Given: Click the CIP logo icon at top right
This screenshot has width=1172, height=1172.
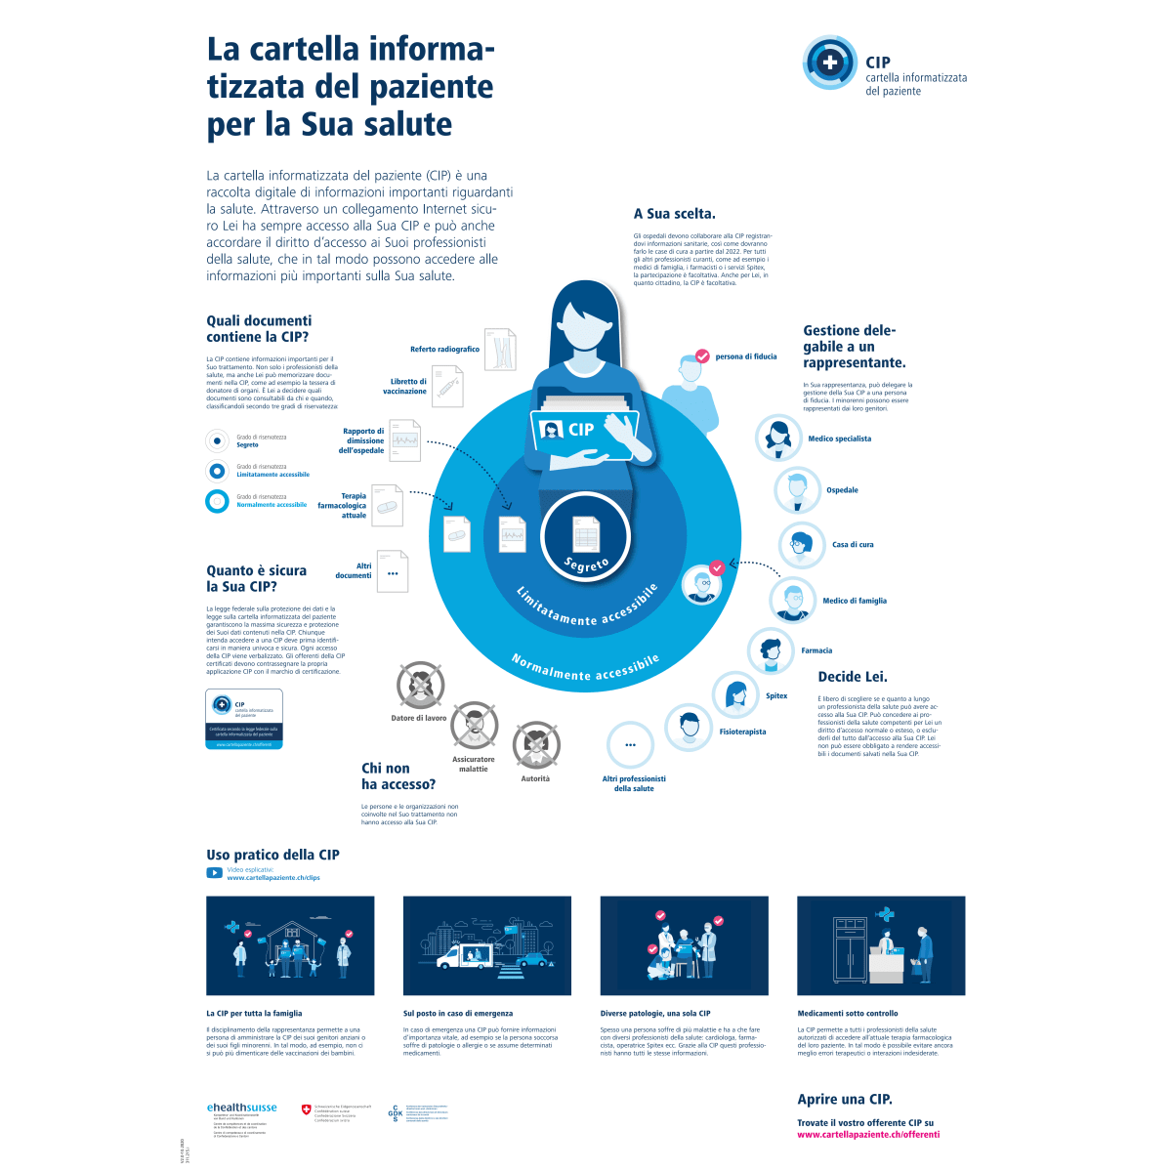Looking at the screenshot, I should (x=830, y=63).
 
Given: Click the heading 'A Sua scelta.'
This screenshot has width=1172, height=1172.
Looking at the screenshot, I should (x=674, y=214).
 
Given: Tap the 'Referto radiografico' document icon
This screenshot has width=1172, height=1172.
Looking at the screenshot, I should (x=500, y=350).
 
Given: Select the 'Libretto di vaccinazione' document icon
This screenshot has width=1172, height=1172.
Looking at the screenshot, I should (x=447, y=387).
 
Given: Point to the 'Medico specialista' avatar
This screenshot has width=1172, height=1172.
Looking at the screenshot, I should (x=779, y=438).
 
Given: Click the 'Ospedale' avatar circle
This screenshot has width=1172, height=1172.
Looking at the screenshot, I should (x=798, y=489).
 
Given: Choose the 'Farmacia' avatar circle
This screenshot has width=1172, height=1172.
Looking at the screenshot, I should (x=771, y=650).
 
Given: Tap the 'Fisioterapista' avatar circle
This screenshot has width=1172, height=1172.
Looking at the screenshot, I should (x=689, y=727).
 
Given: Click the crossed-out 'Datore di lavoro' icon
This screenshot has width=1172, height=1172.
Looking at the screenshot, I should (x=421, y=685).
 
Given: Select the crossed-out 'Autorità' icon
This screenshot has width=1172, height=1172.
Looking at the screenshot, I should (x=536, y=745).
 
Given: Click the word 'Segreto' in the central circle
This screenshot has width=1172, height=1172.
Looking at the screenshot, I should (x=587, y=564).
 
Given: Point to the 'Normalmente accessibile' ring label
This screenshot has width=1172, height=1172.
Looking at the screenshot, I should (x=586, y=669).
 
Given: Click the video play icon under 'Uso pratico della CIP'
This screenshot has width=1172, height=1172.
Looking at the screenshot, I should (x=214, y=873).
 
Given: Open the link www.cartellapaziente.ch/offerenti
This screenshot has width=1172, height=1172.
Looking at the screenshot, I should (x=867, y=1134).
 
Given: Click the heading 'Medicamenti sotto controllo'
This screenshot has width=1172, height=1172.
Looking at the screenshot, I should (x=847, y=1014).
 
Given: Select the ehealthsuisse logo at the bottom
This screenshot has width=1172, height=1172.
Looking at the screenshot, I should (x=241, y=1108).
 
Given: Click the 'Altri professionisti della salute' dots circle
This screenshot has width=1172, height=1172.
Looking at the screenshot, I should (x=631, y=745).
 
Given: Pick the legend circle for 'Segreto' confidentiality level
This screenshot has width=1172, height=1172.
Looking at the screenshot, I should (x=217, y=440).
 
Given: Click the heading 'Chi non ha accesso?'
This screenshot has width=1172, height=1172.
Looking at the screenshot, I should (x=398, y=776).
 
